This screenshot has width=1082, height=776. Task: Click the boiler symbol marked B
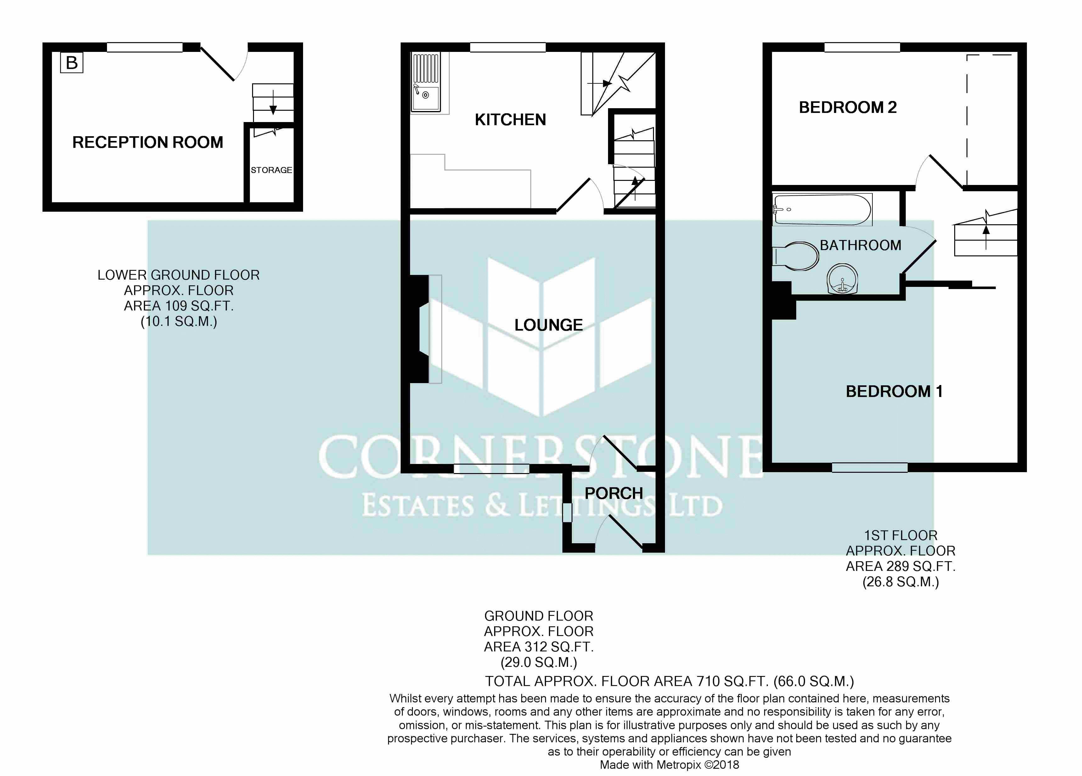tap(71, 63)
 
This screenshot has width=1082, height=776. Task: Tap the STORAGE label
tap(272, 170)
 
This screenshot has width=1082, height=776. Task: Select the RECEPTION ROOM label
tap(148, 142)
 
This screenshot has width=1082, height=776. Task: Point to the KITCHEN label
tap(510, 120)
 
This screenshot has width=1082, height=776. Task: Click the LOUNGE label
tap(549, 325)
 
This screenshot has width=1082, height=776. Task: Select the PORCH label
tap(614, 493)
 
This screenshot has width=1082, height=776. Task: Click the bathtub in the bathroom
tap(822, 209)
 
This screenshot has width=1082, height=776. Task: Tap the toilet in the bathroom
tap(795, 256)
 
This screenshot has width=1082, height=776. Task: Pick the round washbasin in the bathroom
tap(842, 279)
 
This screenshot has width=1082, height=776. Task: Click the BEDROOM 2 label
tap(848, 107)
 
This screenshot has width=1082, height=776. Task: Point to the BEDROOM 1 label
tap(894, 392)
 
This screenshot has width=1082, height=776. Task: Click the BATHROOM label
tap(861, 245)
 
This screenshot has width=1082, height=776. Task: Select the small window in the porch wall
tap(567, 513)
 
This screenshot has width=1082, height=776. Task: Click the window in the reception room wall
tap(144, 47)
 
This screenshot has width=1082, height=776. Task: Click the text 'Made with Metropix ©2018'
tap(669, 765)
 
